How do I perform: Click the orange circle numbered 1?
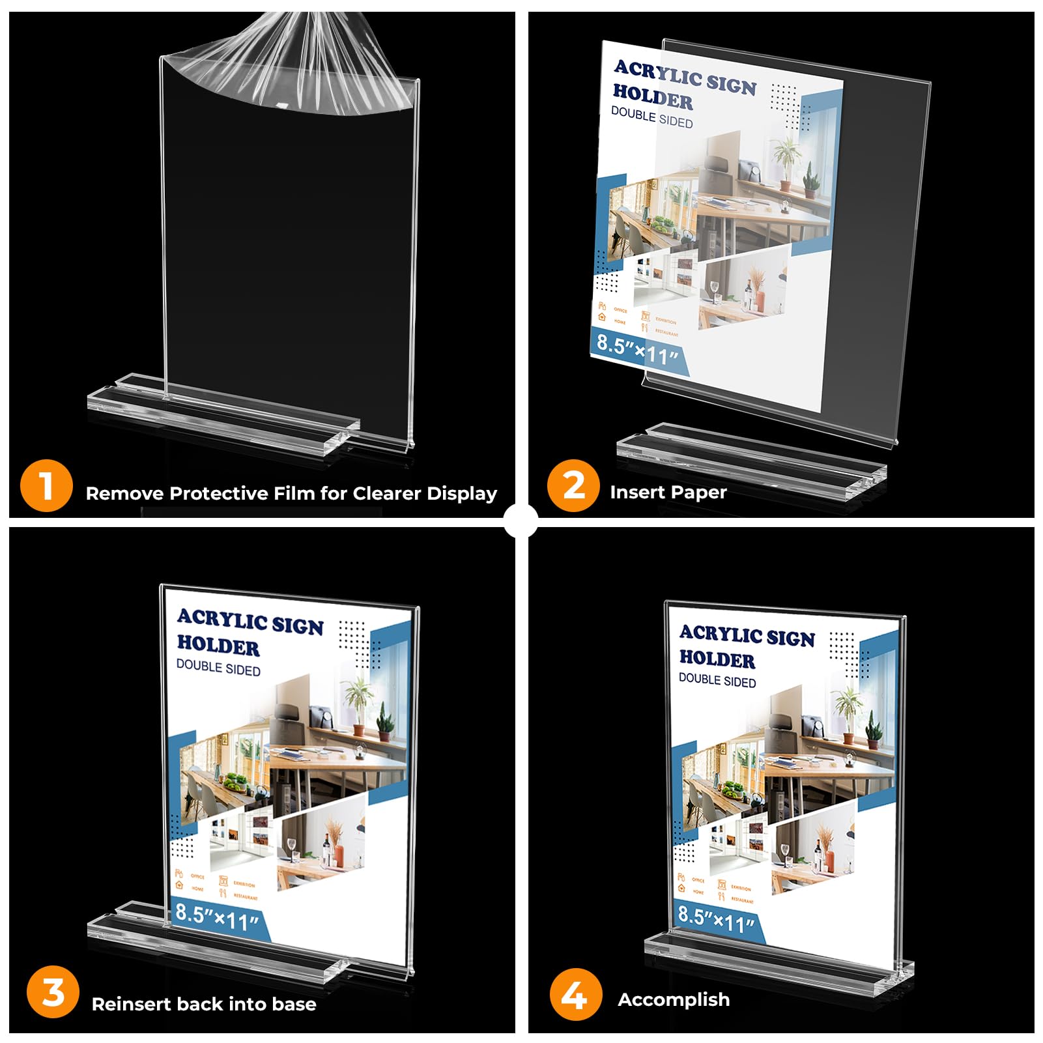click(x=46, y=486)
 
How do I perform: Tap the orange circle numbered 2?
click(x=573, y=486)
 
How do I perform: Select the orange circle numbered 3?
click(x=53, y=993)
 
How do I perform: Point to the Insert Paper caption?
click(x=668, y=493)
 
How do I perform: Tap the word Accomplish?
click(x=674, y=1000)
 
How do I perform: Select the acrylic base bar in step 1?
click(x=221, y=410)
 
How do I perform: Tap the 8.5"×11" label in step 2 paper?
click(x=638, y=351)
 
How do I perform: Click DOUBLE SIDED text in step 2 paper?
click(x=651, y=118)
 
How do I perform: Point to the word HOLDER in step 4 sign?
click(x=717, y=659)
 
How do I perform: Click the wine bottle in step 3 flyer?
click(x=325, y=853)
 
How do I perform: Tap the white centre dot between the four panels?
click(x=521, y=521)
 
